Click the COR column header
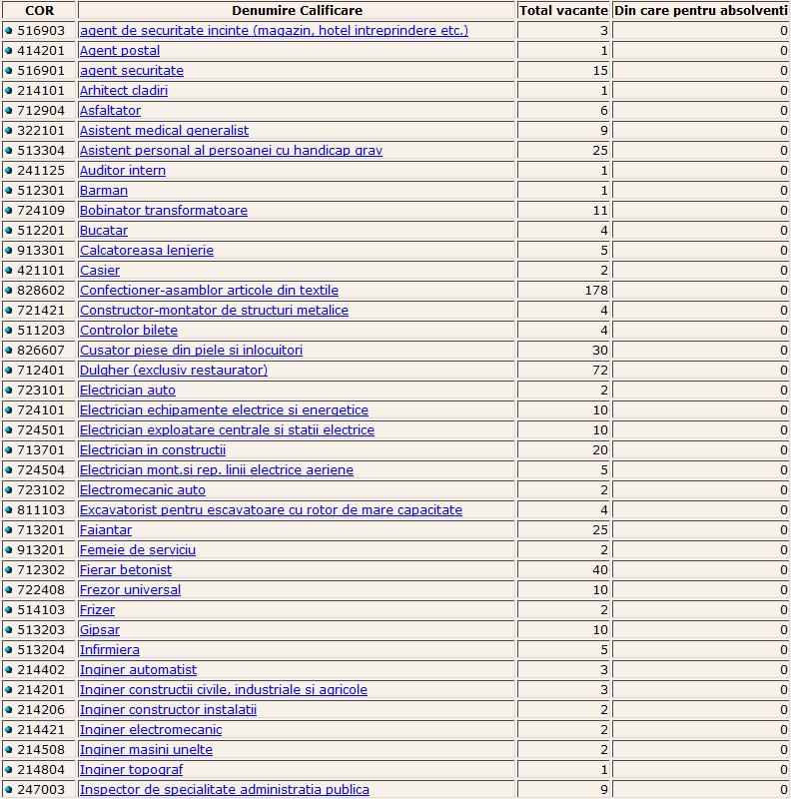[39, 10]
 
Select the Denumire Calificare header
[297, 10]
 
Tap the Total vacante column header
[563, 10]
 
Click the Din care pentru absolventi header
[701, 10]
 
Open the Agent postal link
[120, 51]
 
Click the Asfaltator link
[110, 111]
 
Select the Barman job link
[104, 191]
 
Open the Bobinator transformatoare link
[164, 211]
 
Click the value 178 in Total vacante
[596, 291]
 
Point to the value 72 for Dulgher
[600, 371]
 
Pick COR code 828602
[43, 291]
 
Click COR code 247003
[43, 790]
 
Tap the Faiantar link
[106, 530]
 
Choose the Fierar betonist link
[126, 570]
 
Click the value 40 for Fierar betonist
[600, 570]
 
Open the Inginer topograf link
[131, 770]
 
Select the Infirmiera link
[110, 650]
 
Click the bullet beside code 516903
[9, 31]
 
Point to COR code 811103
[43, 510]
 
